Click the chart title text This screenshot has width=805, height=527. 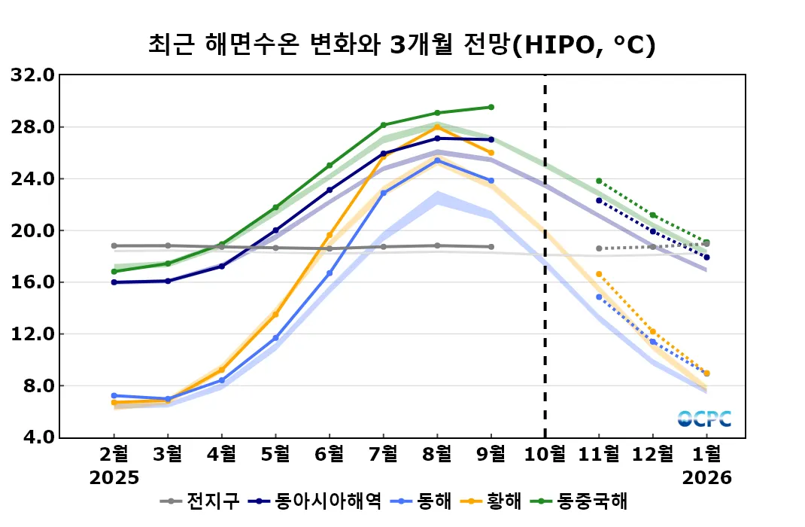[x=402, y=44]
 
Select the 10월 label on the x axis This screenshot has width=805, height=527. [x=545, y=454]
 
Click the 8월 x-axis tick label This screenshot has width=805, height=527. [x=437, y=454]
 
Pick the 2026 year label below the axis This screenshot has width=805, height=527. [x=706, y=478]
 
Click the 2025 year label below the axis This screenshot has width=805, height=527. [x=114, y=478]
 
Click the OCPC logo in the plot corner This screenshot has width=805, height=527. [x=704, y=419]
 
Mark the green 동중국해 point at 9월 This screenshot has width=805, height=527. [x=491, y=107]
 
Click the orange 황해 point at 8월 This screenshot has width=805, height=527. [x=437, y=127]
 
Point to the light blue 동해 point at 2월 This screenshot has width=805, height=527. [x=114, y=395]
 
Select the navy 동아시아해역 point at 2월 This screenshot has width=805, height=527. [x=114, y=282]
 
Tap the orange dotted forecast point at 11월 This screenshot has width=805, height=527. [x=599, y=274]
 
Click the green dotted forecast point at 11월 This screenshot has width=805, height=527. [x=599, y=181]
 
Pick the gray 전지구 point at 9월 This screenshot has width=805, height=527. [x=491, y=247]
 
